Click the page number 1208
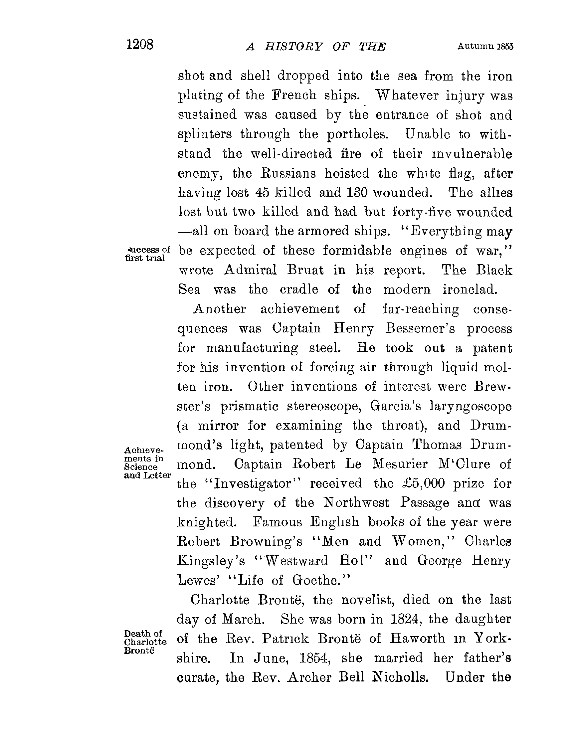click(x=139, y=44)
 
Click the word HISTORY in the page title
click(x=293, y=47)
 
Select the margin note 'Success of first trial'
click(x=147, y=254)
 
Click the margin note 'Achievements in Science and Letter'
click(x=147, y=463)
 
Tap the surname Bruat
click(x=306, y=270)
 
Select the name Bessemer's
click(x=420, y=328)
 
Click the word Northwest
click(x=356, y=503)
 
